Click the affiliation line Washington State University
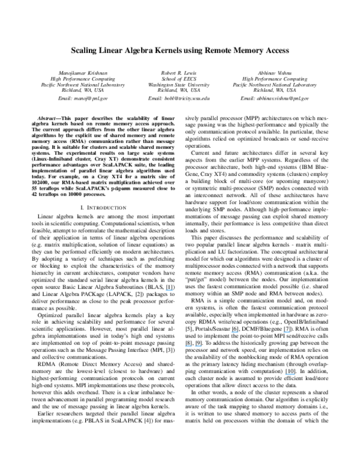(x=179, y=84)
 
